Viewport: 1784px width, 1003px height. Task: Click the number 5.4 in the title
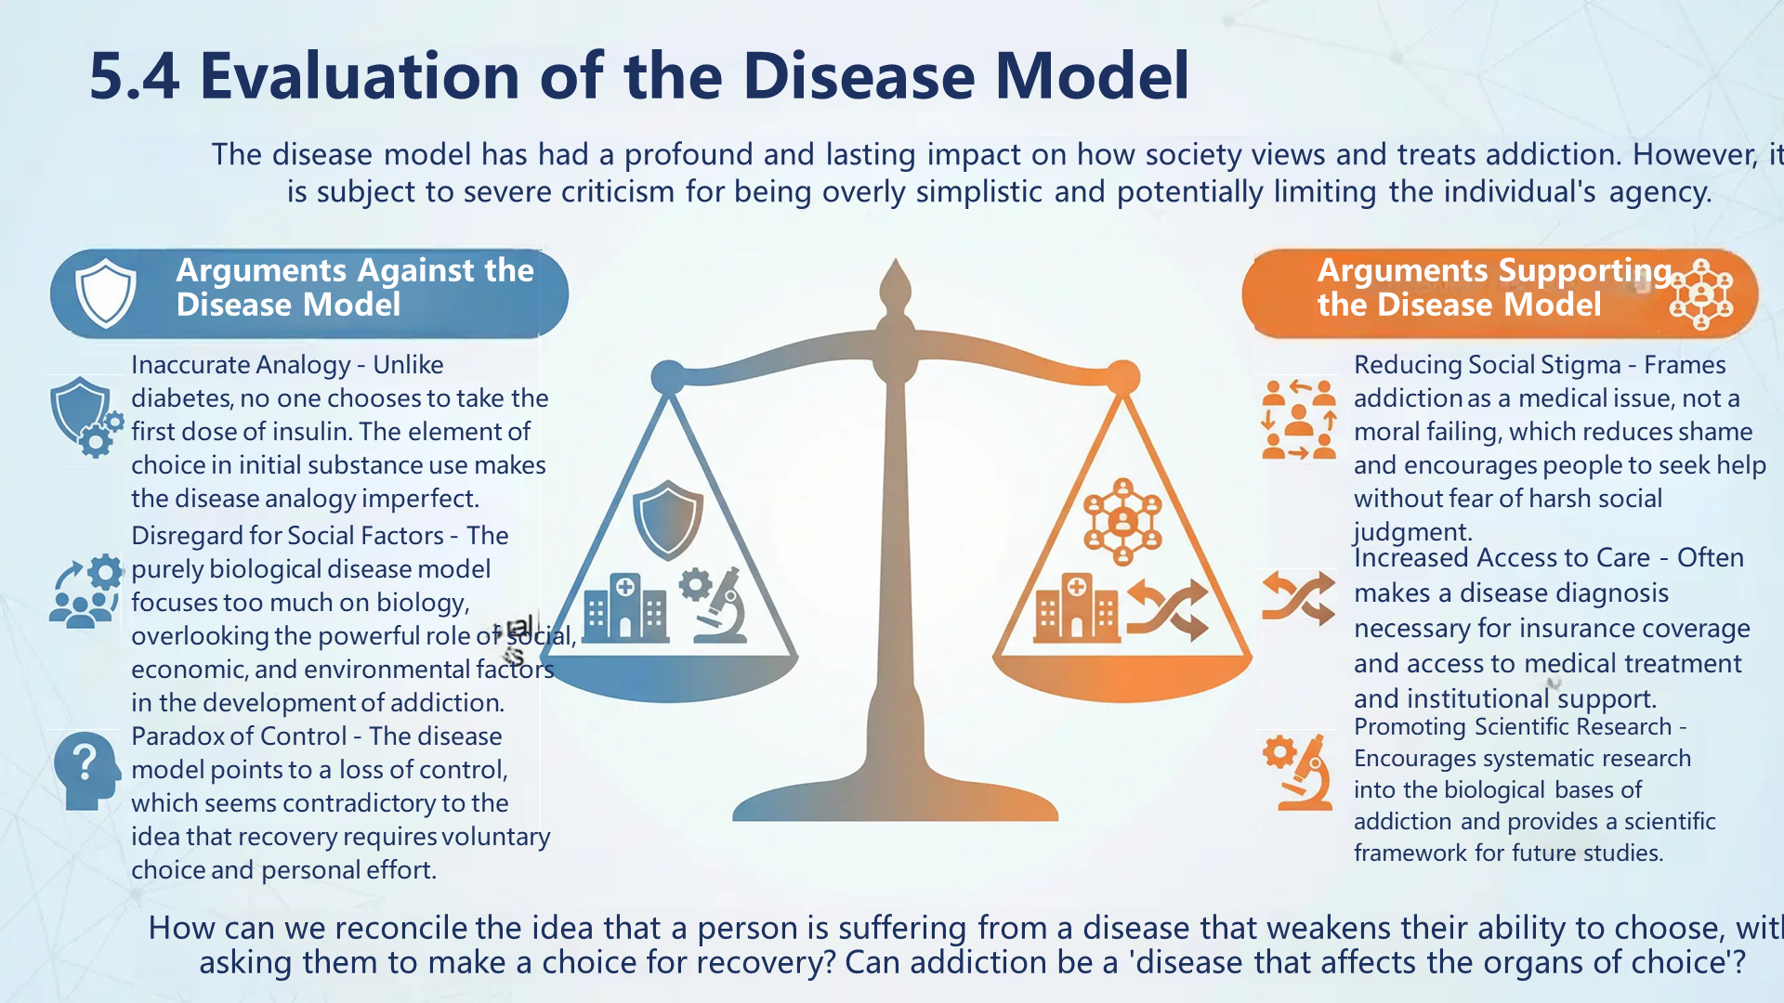click(x=134, y=76)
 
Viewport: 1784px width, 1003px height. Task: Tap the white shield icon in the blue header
click(x=106, y=293)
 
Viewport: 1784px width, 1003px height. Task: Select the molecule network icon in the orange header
click(x=1700, y=294)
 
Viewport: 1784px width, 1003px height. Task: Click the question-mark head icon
click(x=86, y=770)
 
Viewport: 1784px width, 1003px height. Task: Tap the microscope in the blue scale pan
click(x=715, y=605)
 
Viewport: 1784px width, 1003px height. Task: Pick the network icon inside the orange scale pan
click(x=1122, y=521)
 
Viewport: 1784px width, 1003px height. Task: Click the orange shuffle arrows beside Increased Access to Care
click(x=1298, y=598)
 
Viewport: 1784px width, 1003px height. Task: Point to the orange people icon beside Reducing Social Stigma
click(x=1298, y=420)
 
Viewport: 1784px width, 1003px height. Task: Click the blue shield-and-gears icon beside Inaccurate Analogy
click(x=86, y=417)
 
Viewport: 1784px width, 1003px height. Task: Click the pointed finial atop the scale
click(x=895, y=283)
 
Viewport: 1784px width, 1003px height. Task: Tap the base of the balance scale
click(x=895, y=804)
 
